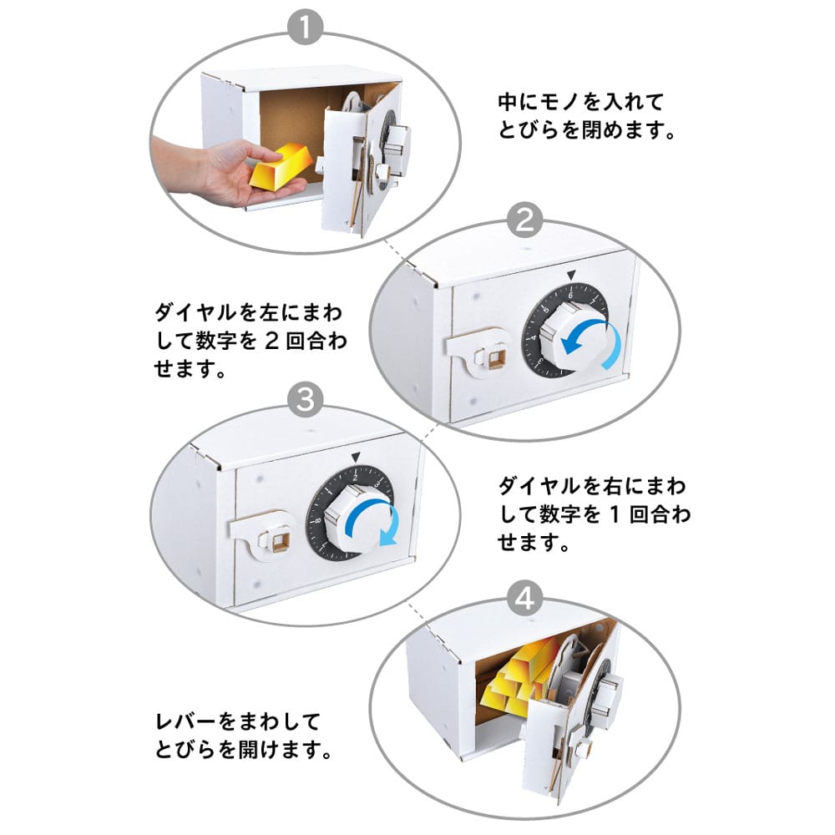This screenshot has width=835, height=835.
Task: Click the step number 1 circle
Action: tap(305, 28)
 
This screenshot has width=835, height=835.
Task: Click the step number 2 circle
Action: tap(524, 220)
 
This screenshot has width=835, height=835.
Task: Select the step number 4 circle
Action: tap(524, 599)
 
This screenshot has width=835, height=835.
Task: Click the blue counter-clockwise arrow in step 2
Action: tap(592, 344)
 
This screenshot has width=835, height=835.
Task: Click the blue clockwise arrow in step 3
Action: tap(372, 520)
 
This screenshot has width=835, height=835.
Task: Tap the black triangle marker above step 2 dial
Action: tap(571, 276)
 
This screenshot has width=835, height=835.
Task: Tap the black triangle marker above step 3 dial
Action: tap(356, 458)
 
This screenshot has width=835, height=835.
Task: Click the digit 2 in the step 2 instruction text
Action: tap(271, 342)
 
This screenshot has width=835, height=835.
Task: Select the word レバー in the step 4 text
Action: tap(186, 722)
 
